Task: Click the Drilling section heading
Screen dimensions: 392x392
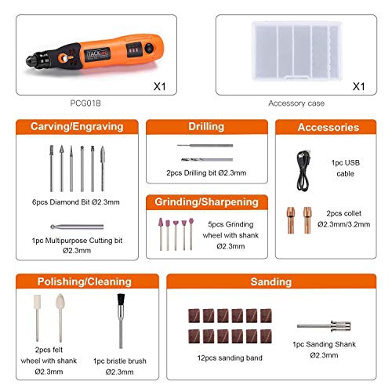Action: tap(206, 126)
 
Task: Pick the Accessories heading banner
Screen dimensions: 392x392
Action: tap(328, 127)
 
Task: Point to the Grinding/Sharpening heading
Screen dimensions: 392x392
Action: tap(206, 201)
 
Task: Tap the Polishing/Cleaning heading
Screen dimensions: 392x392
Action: tap(77, 281)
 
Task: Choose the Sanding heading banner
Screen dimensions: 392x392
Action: tap(270, 281)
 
